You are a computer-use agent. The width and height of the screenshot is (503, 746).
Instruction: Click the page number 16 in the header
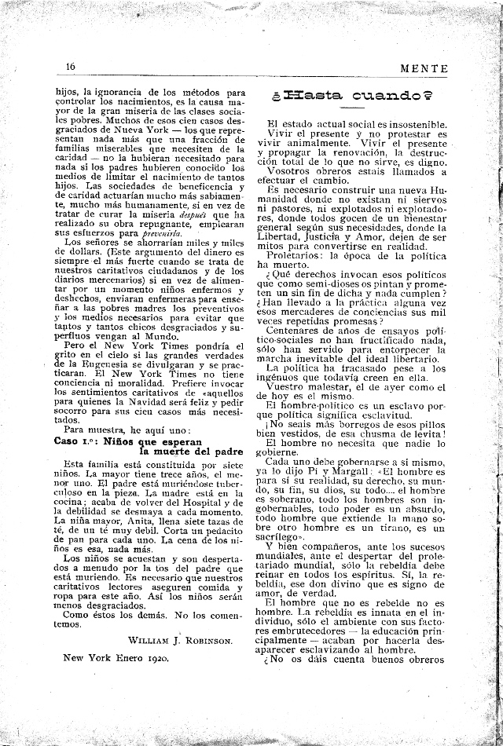(70, 68)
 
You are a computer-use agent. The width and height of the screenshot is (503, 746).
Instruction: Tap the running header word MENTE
(424, 68)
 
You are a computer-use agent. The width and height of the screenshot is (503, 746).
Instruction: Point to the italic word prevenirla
(161, 233)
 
